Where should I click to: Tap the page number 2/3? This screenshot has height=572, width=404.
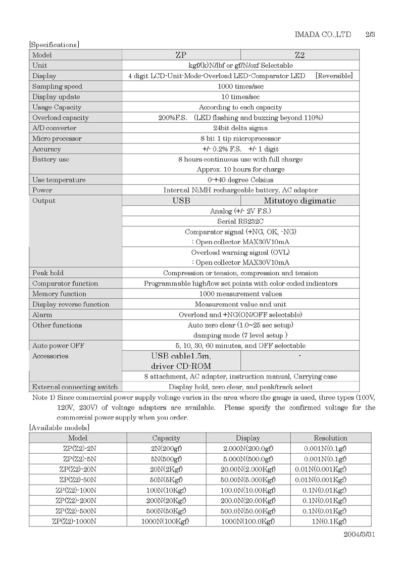point(370,34)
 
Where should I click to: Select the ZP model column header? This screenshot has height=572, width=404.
point(181,55)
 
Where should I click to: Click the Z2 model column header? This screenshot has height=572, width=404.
point(300,55)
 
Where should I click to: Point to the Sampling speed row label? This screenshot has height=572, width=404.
point(57,86)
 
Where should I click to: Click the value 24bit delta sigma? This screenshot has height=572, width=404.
point(240,128)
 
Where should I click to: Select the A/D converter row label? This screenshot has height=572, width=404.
point(54,128)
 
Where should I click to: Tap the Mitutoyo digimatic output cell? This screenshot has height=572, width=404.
point(300,201)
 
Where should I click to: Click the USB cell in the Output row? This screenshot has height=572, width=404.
point(181,201)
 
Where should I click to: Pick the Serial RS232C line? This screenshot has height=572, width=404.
point(240,221)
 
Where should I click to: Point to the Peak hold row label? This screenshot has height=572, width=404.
point(48,273)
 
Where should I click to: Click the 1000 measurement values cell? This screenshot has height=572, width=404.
point(240,294)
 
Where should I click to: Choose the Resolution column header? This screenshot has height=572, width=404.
point(330,438)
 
